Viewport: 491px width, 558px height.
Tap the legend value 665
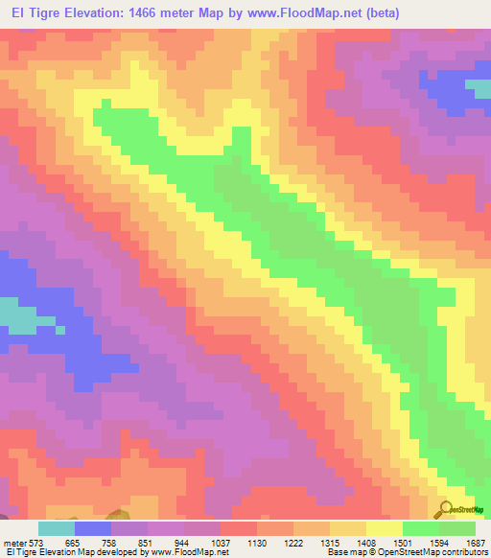[74, 543]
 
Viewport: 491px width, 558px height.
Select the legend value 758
[110, 543]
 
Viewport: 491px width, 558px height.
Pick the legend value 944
[183, 543]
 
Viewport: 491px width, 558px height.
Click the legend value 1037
[220, 543]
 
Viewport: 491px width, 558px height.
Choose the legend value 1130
[256, 543]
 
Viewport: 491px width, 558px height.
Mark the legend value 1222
[292, 543]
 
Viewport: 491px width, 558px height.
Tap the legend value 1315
[329, 543]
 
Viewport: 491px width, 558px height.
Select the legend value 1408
[365, 543]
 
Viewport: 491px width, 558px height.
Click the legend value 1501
[402, 543]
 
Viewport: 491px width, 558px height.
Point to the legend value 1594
[438, 543]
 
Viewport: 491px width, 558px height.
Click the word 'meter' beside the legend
[14, 543]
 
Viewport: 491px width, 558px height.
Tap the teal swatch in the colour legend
[57, 528]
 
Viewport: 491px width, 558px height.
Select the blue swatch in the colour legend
[93, 528]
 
